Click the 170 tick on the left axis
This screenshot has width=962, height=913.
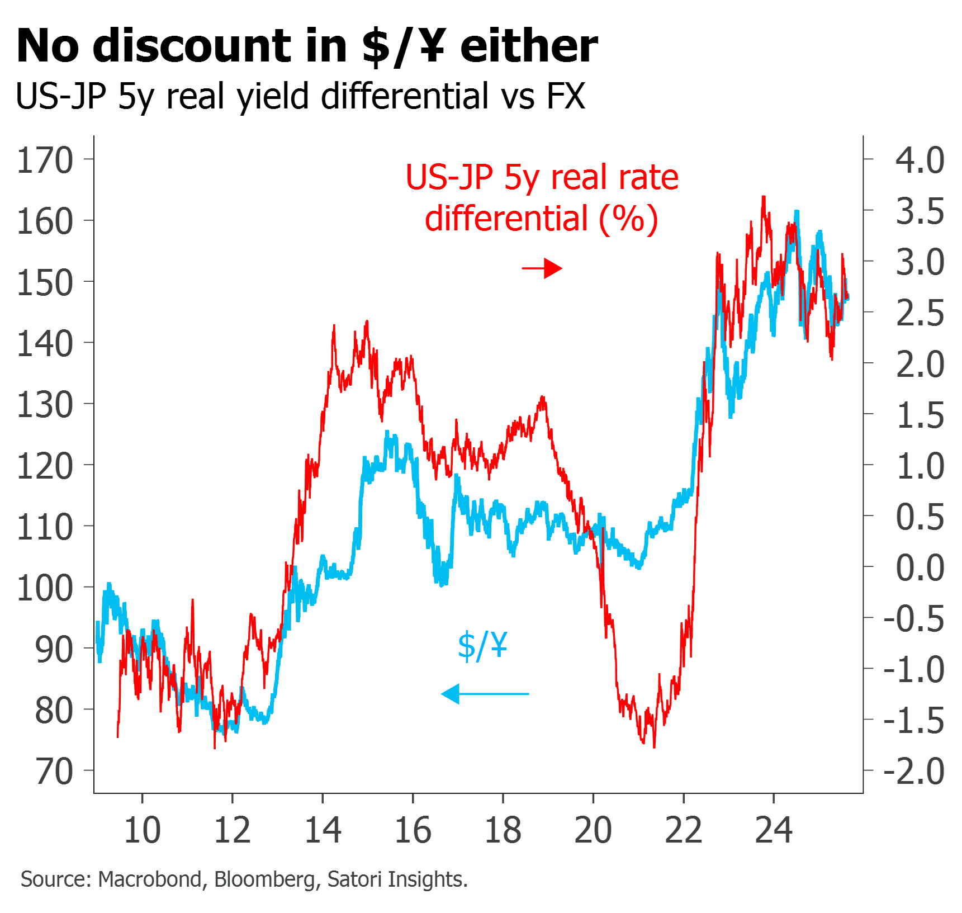tap(88, 159)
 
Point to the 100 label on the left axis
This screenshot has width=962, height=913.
tap(45, 588)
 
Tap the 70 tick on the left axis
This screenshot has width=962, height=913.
tap(88, 770)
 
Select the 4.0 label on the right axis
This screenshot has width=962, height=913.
tap(920, 160)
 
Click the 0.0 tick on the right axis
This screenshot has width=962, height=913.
tap(869, 566)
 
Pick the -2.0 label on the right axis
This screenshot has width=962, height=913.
tap(914, 772)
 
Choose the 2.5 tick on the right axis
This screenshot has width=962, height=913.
tap(869, 312)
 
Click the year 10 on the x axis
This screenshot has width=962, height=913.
tap(142, 830)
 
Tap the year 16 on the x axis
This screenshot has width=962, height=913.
tap(413, 830)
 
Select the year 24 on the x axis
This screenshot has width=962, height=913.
tap(774, 830)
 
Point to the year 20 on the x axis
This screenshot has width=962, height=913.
tap(593, 830)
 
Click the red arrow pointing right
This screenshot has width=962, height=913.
tap(542, 268)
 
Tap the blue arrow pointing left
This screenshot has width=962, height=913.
tap(485, 694)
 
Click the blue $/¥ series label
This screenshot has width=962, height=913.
tap(482, 646)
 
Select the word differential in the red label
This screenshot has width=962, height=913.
tap(507, 218)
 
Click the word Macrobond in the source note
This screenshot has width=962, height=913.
tap(149, 879)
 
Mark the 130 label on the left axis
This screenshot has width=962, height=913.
tap(45, 405)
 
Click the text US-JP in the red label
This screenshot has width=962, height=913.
tap(450, 178)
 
